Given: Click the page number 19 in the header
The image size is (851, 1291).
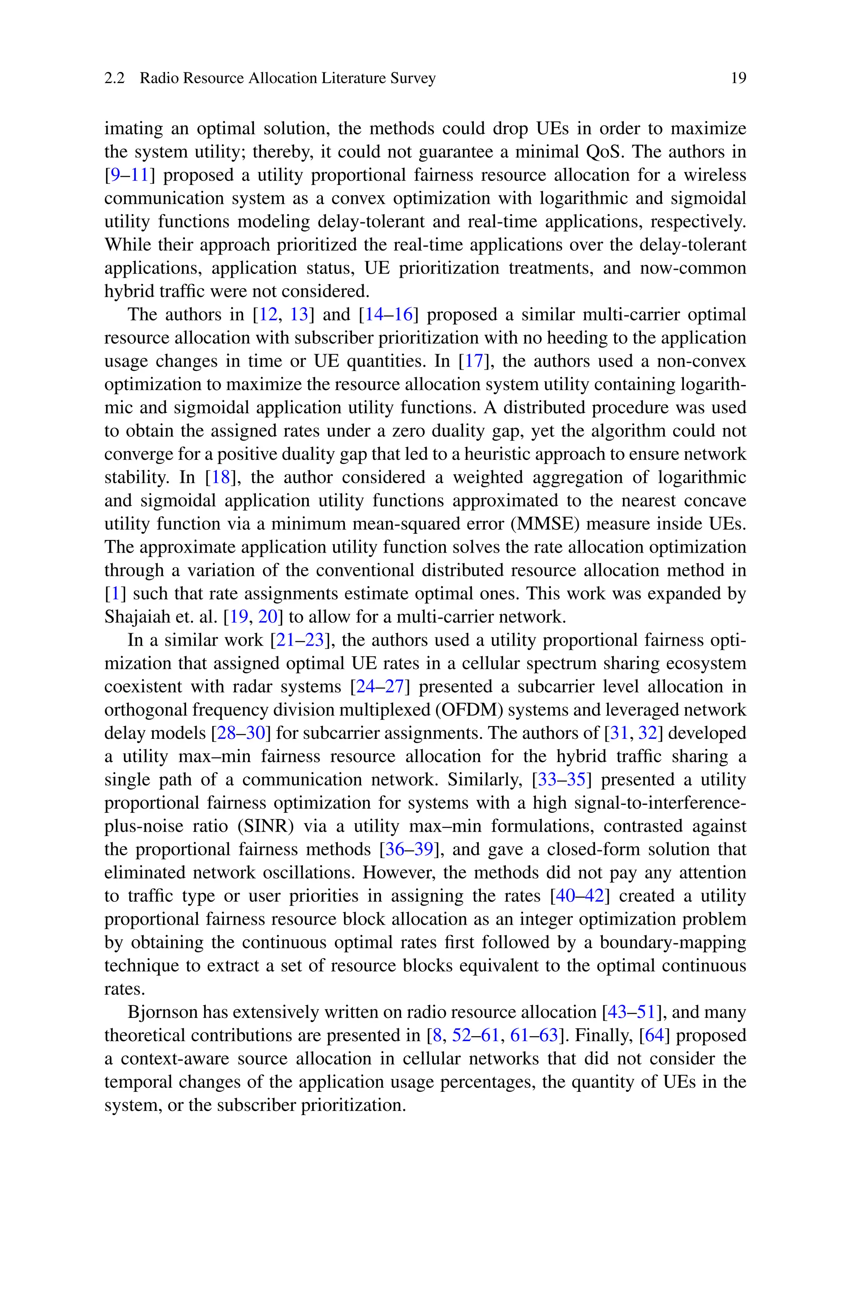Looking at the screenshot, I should coord(738,78).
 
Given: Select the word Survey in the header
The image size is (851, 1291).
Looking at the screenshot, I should coord(415,78).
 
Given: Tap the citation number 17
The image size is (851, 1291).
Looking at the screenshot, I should coord(474,361).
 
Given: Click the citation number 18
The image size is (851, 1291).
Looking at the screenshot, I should coord(221,477).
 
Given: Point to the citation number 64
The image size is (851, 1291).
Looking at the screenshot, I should coord(654,1035).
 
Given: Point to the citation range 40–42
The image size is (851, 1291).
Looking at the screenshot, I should coord(580,896).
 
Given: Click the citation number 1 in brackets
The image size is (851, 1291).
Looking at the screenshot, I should coord(115,594).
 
